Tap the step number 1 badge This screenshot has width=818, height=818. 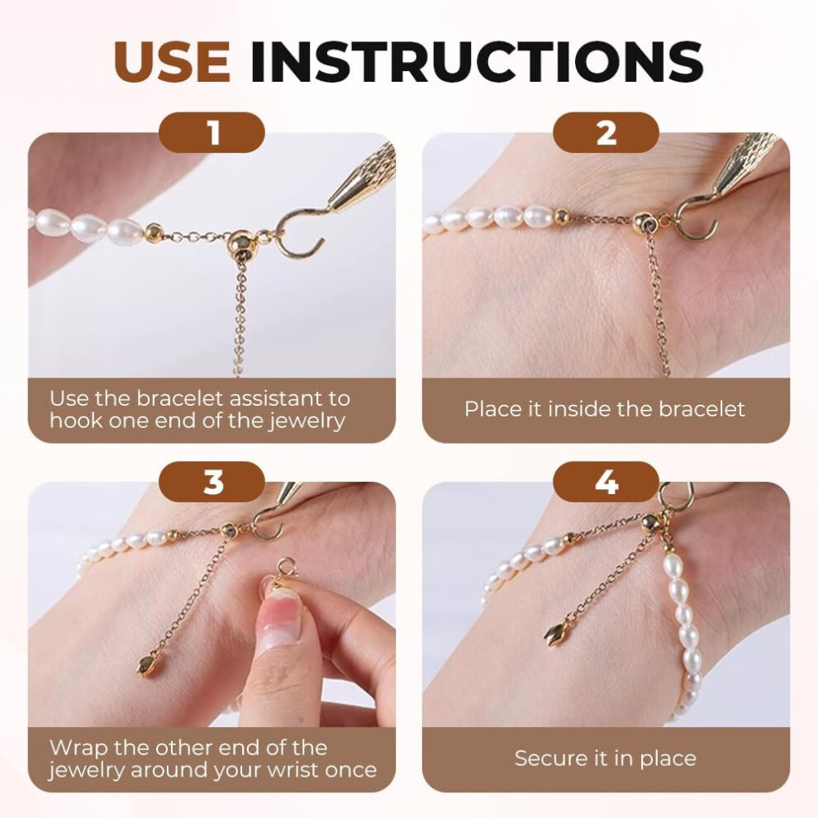coord(212,132)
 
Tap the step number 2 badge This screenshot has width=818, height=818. coord(606,132)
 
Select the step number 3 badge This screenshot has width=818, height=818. coord(212,482)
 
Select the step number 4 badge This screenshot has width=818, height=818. coord(606,482)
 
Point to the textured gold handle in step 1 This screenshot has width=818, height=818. coord(365,176)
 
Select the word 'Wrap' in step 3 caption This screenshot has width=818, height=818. coord(78,748)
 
